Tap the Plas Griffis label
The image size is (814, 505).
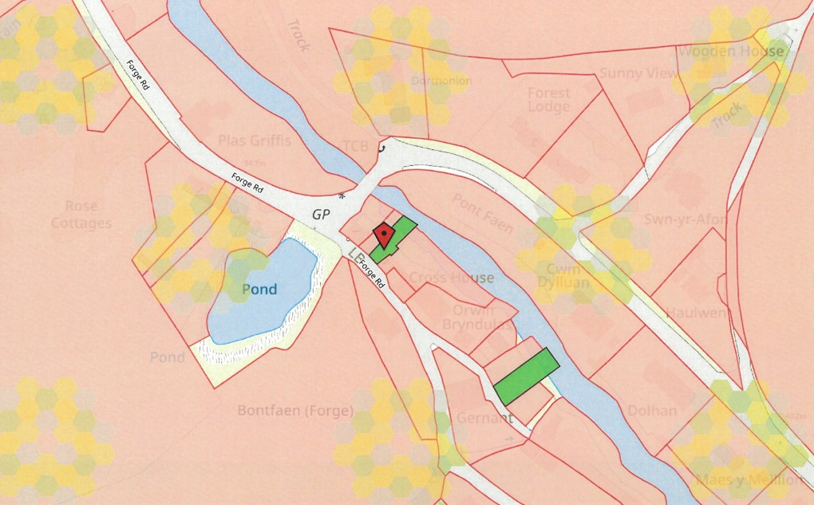(x=255, y=141)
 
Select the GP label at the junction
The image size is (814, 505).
(x=322, y=214)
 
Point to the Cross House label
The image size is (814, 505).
(x=452, y=278)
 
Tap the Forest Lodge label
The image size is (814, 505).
(x=549, y=100)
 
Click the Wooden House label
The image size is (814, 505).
(x=730, y=52)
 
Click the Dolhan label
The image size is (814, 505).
(x=652, y=411)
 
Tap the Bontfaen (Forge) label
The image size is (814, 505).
(x=295, y=411)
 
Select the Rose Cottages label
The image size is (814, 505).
(x=81, y=215)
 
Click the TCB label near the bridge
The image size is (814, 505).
(x=355, y=146)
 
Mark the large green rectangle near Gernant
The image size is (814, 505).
(x=525, y=376)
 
